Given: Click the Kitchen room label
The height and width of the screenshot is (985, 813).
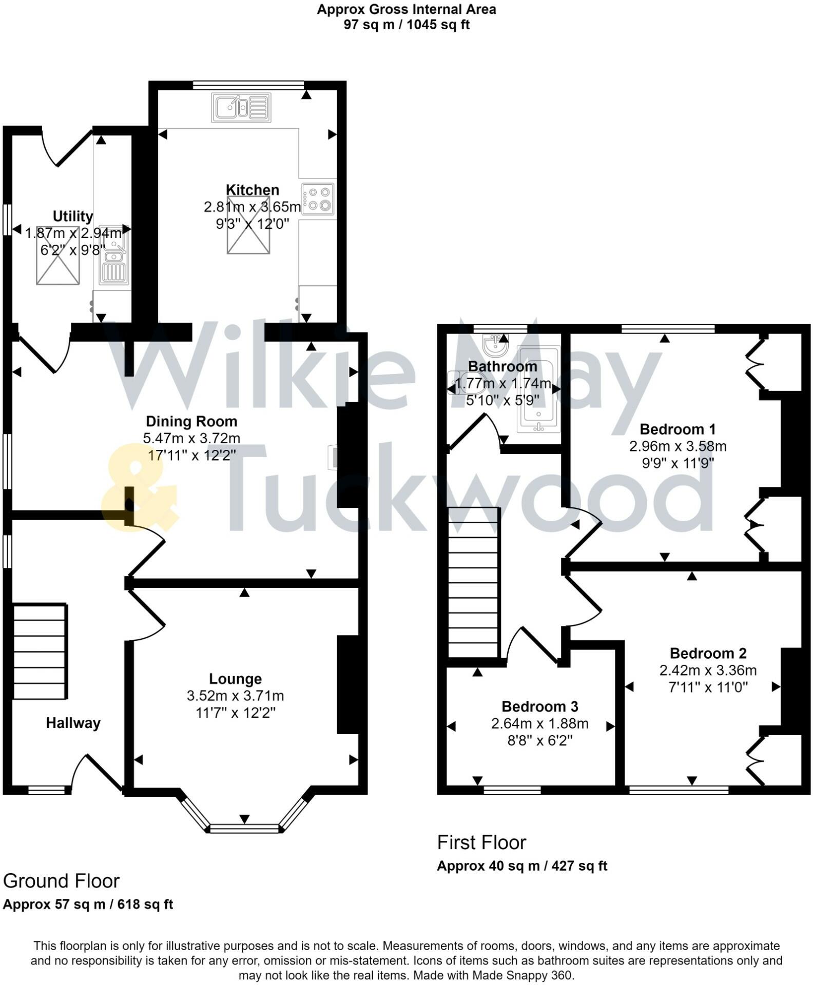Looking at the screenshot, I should pyautogui.click(x=252, y=190).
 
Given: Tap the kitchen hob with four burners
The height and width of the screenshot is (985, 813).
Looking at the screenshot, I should pyautogui.click(x=318, y=199).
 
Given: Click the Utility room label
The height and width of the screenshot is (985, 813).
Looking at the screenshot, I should pyautogui.click(x=72, y=216).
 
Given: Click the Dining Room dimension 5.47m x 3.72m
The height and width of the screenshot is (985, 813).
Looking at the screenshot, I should pyautogui.click(x=191, y=439).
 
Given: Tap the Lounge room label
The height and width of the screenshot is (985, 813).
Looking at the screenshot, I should pyautogui.click(x=235, y=679).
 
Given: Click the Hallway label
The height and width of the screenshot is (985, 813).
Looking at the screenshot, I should pyautogui.click(x=73, y=723).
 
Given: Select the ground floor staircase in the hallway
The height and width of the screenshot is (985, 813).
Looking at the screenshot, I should pyautogui.click(x=40, y=652).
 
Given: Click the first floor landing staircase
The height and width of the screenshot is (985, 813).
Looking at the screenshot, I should pyautogui.click(x=474, y=582).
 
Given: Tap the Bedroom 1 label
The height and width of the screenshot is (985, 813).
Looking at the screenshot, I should pyautogui.click(x=678, y=429).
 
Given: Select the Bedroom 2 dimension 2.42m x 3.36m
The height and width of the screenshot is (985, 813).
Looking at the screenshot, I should pyautogui.click(x=708, y=671).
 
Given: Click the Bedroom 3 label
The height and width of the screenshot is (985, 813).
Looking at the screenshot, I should pyautogui.click(x=539, y=707).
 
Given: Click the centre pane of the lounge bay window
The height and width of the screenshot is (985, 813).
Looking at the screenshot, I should pyautogui.click(x=245, y=827).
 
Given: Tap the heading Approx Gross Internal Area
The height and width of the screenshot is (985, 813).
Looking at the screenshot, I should pyautogui.click(x=406, y=9).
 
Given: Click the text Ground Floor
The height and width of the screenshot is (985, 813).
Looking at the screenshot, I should pyautogui.click(x=61, y=881).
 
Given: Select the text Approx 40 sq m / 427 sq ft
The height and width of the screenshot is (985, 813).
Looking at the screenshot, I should pyautogui.click(x=521, y=866).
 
